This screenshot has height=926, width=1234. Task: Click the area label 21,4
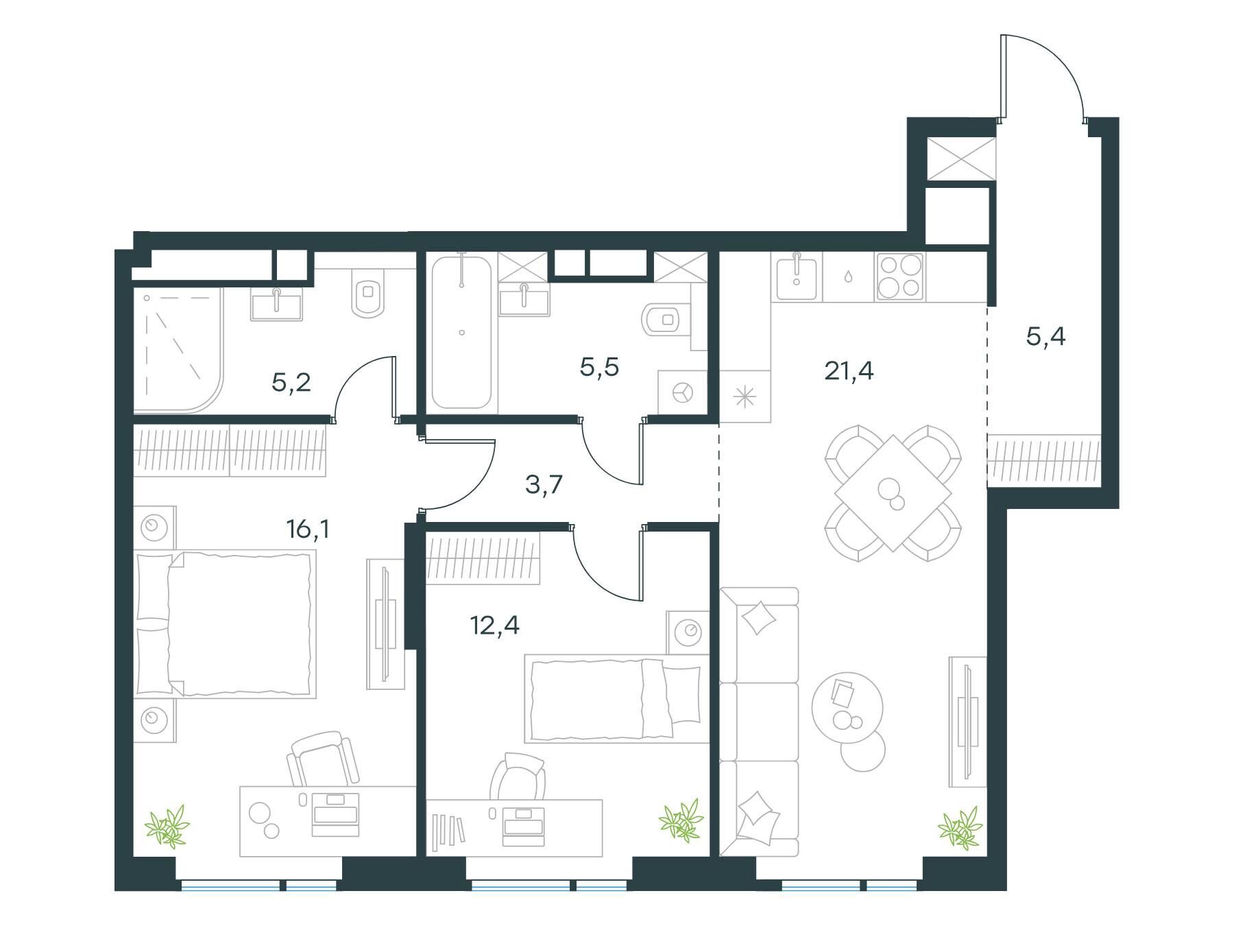849,371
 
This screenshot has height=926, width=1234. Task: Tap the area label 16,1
308,529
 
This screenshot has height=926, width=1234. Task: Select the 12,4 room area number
494,625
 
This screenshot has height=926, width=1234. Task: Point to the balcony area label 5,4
1045,337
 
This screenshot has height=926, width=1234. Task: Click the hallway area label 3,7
544,485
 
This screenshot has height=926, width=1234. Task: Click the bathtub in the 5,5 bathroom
461,332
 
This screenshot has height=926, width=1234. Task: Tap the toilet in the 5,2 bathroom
368,293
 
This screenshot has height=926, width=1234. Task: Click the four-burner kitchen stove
900,277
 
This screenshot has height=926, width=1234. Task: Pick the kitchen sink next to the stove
796,277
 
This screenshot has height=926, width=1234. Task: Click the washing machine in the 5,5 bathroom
682,392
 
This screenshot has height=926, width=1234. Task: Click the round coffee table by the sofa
847,707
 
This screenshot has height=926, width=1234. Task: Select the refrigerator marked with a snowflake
745,396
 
